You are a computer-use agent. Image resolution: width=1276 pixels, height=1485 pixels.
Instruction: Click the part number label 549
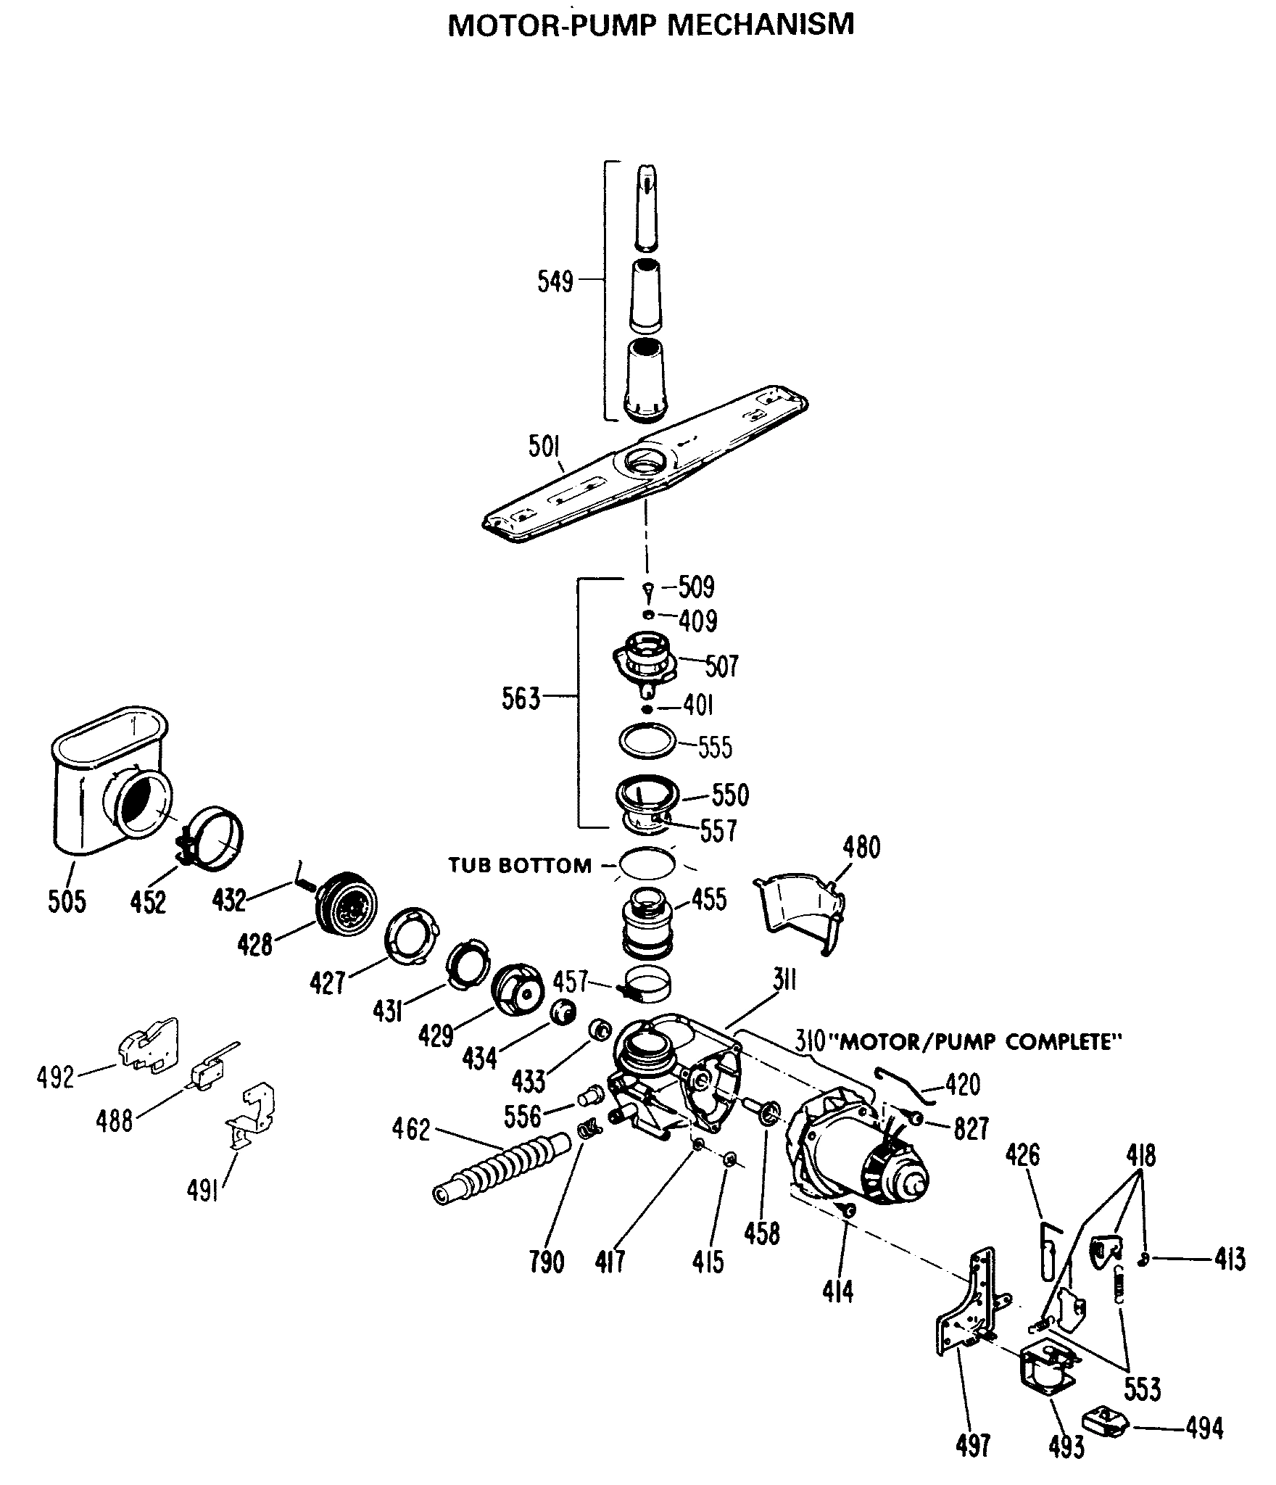[555, 281]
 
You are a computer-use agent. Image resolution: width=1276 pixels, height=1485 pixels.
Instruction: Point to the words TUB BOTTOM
[520, 865]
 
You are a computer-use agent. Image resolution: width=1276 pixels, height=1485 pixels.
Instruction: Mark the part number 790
[546, 1262]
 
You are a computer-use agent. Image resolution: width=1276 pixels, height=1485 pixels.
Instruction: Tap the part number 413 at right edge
[1230, 1260]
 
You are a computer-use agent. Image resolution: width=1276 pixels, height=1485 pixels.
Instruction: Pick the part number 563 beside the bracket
[521, 699]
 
